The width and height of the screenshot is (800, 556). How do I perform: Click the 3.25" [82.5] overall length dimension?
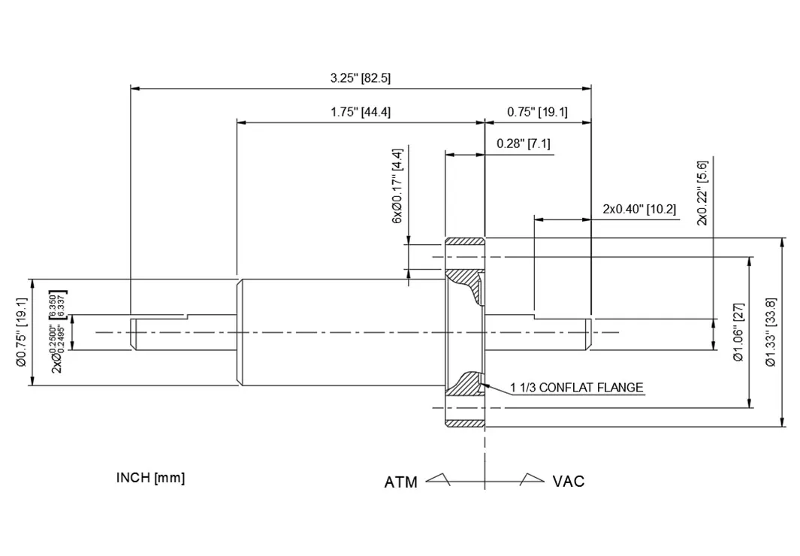(360, 77)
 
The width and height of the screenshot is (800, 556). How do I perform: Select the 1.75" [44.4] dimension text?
(360, 112)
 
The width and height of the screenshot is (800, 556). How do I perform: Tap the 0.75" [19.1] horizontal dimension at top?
(537, 112)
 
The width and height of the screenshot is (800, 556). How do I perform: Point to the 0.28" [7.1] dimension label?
(524, 143)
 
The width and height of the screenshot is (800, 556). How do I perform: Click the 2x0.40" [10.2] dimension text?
(639, 208)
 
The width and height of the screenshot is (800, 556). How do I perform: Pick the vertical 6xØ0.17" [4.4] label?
(397, 185)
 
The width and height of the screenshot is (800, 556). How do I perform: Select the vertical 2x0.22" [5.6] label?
(702, 192)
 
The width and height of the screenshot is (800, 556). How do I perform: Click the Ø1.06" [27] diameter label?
(738, 331)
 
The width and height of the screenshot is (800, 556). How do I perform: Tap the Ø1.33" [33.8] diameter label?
(771, 331)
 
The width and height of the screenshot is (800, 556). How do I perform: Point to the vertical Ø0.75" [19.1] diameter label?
(21, 331)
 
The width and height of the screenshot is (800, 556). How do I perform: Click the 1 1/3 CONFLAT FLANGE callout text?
(577, 388)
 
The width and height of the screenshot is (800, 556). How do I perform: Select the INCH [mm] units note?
(150, 478)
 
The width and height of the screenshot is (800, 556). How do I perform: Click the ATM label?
(401, 482)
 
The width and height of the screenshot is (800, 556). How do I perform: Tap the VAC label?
(569, 481)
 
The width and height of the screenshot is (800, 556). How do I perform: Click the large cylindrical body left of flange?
(338, 332)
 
